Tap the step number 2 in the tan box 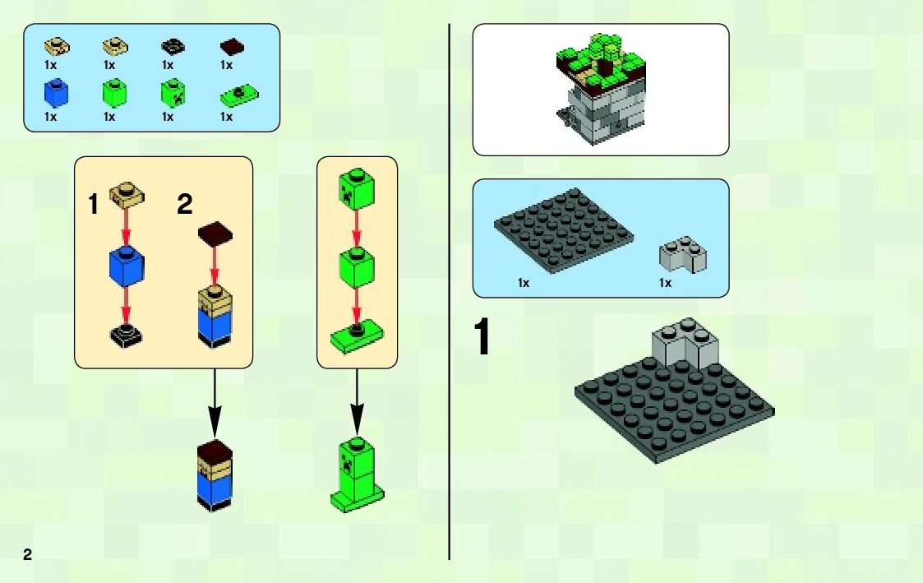[x=185, y=204]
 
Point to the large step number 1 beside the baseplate [x=483, y=339]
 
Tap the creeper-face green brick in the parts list [x=172, y=93]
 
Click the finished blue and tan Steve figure [x=215, y=476]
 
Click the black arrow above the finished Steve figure [x=214, y=403]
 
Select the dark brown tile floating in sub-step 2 [x=215, y=231]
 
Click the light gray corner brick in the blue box [x=684, y=256]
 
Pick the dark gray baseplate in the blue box [x=565, y=229]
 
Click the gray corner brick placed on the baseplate [x=685, y=344]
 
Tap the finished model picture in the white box [x=600, y=89]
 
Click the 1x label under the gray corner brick [x=665, y=284]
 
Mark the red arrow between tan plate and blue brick [x=127, y=225]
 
